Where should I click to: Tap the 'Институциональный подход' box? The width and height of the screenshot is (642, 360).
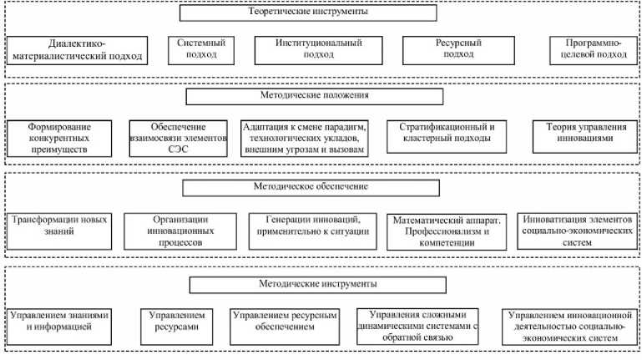(x=318, y=48)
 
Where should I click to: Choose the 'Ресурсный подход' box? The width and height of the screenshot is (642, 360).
(x=442, y=48)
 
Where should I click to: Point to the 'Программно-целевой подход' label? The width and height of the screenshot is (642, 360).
(x=589, y=48)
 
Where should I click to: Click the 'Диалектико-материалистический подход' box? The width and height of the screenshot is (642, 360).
(x=77, y=51)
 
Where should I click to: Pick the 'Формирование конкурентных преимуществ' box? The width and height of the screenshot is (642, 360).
(x=59, y=138)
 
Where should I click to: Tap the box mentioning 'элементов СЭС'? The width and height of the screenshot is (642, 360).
(x=179, y=138)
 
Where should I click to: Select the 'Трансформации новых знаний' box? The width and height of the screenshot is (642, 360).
(x=58, y=226)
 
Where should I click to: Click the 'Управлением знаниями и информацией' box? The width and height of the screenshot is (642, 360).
(x=58, y=322)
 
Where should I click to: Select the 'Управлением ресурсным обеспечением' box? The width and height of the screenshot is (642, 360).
(x=286, y=322)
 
